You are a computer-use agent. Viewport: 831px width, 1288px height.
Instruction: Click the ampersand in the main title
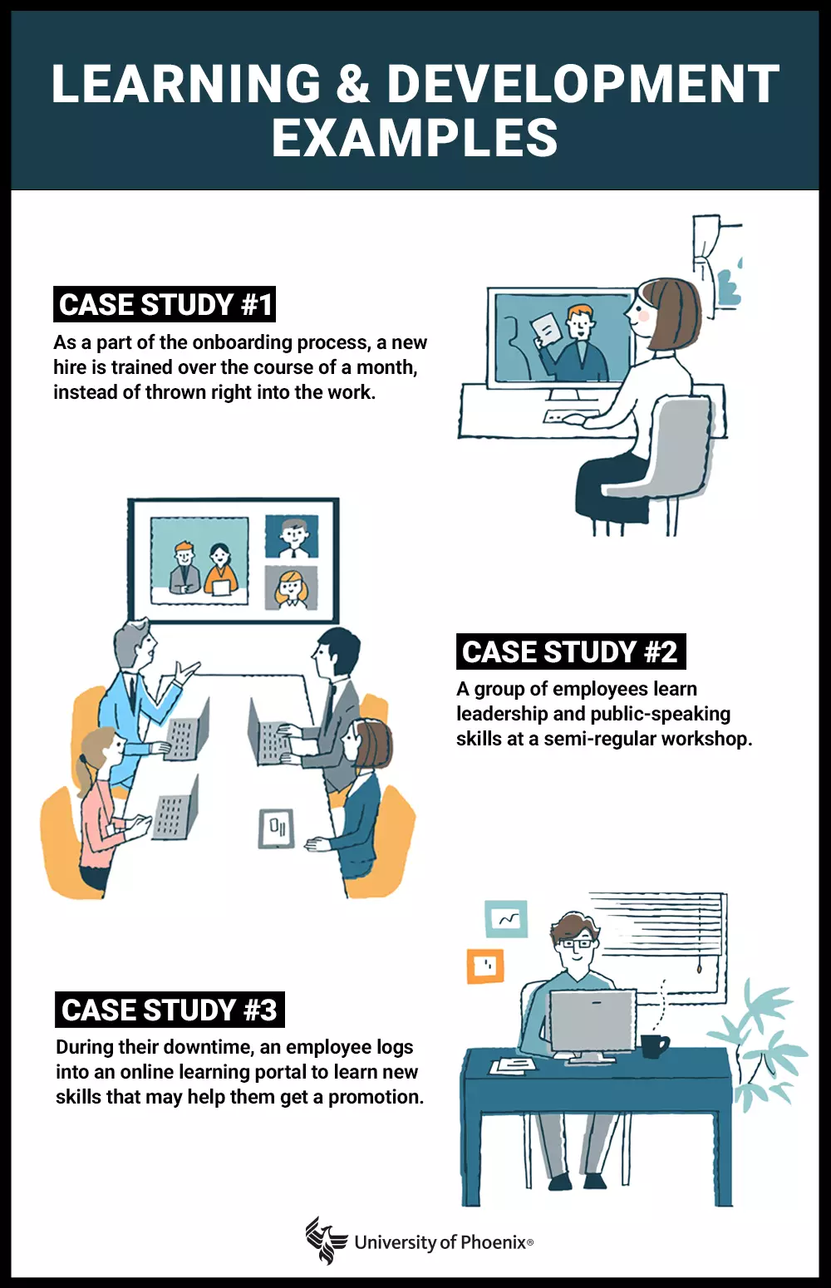click(x=353, y=85)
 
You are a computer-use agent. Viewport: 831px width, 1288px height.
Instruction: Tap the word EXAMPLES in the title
click(x=415, y=138)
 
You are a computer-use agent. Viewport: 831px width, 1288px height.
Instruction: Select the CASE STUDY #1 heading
click(x=165, y=305)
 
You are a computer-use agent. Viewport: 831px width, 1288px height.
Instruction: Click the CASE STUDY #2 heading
click(x=570, y=652)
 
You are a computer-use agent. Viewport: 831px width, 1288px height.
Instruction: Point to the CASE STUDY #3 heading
click(x=170, y=1010)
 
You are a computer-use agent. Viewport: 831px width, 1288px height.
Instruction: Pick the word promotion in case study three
click(x=373, y=1097)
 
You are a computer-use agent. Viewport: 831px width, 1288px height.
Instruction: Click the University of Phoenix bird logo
click(x=326, y=1241)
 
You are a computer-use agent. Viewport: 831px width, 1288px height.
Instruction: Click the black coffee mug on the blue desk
click(x=653, y=1045)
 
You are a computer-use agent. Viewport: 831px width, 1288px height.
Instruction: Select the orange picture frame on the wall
click(x=485, y=966)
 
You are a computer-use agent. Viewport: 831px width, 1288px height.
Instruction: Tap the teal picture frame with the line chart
click(x=506, y=918)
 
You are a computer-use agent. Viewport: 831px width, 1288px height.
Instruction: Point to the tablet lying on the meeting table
click(x=276, y=828)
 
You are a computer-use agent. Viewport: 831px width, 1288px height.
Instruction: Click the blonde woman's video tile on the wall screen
click(x=291, y=587)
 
